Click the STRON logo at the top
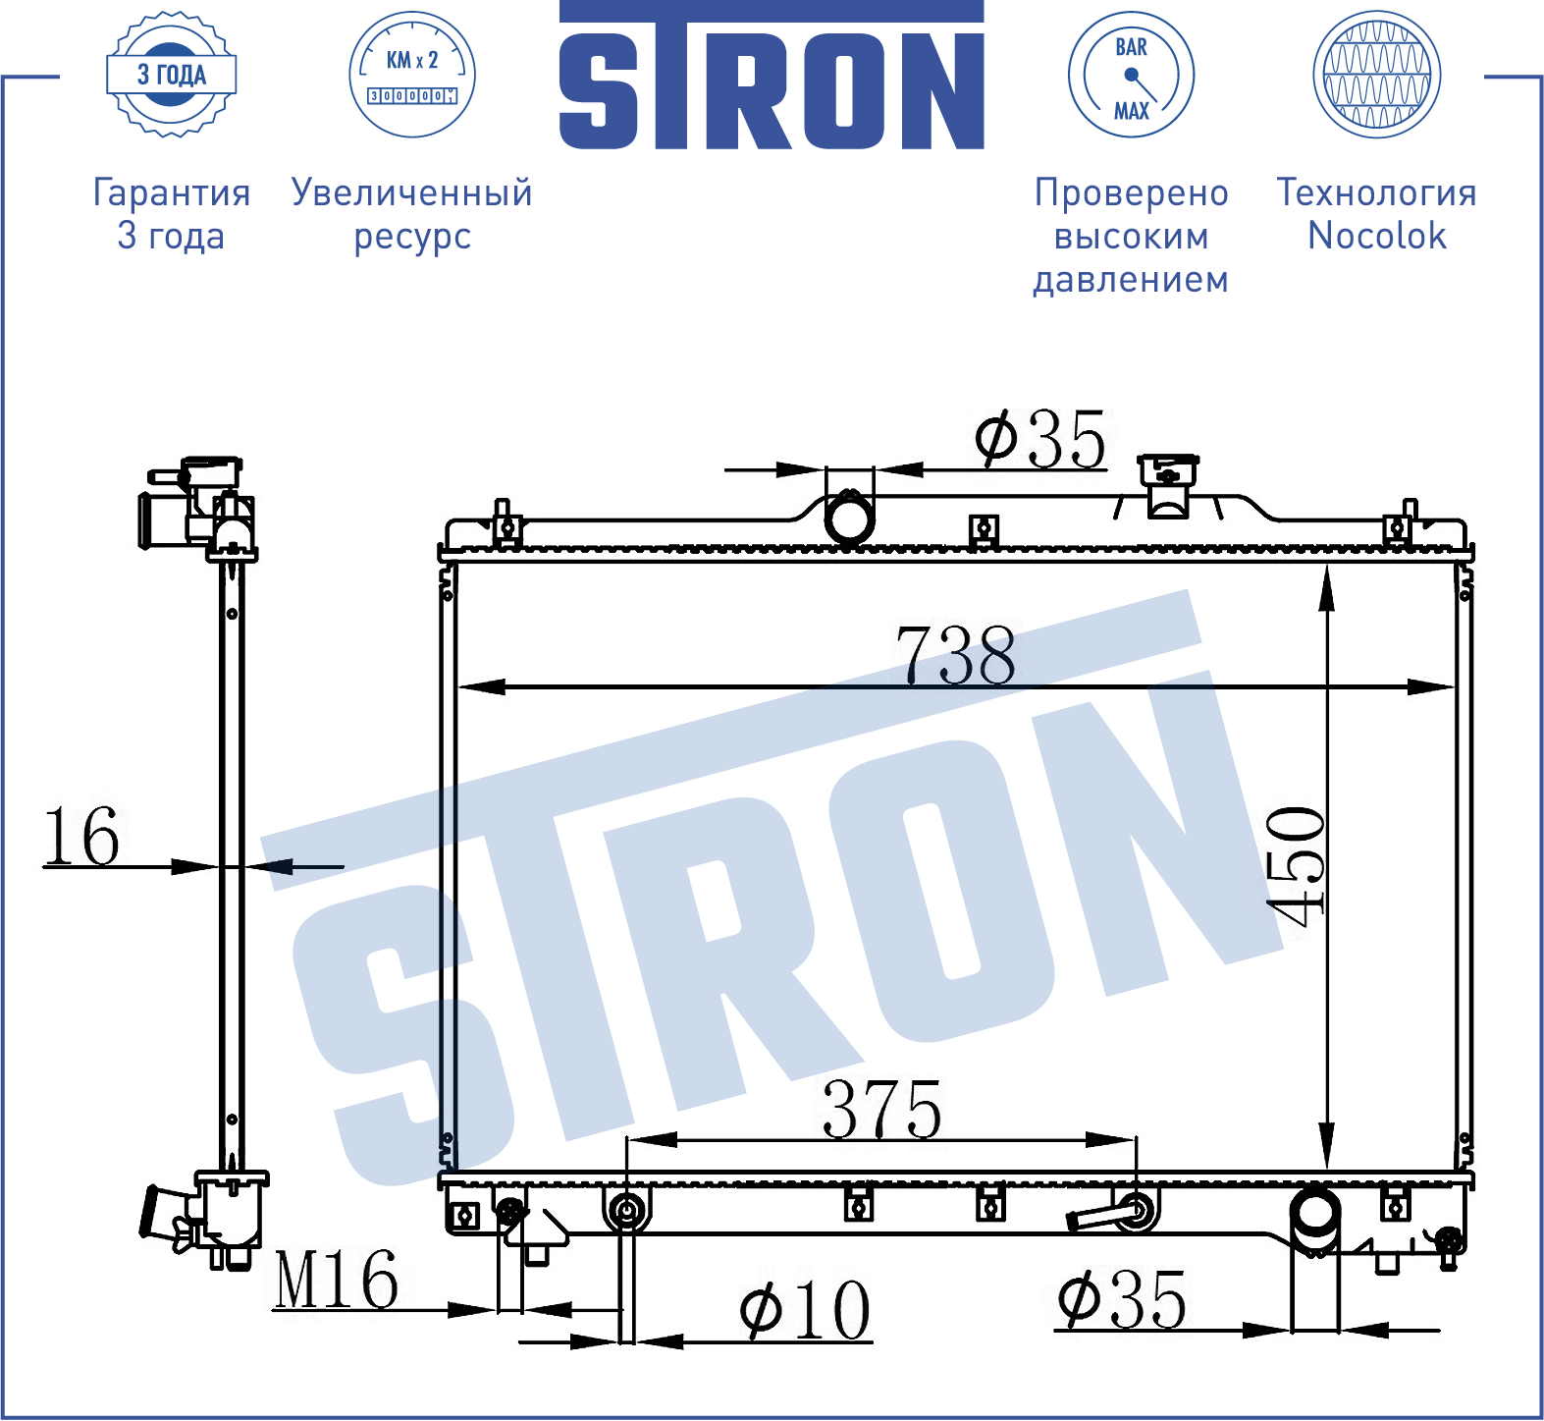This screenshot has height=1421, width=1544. [x=772, y=76]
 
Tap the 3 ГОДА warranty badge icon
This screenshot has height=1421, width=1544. [x=171, y=75]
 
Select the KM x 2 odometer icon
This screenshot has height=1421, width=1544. [x=412, y=75]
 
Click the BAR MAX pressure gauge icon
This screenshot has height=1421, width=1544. [x=1131, y=75]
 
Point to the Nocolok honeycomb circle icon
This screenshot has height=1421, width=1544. [x=1376, y=75]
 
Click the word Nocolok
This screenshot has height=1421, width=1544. [x=1377, y=236]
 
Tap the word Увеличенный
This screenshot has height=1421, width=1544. [x=412, y=192]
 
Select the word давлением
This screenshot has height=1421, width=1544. [x=1131, y=280]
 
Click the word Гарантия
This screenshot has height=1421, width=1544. [x=172, y=192]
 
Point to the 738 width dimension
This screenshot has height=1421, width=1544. [x=956, y=655]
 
